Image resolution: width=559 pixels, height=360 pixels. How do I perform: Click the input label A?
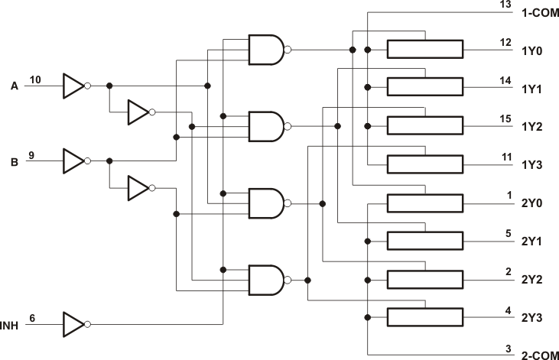14,86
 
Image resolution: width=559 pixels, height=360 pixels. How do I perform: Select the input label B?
14,161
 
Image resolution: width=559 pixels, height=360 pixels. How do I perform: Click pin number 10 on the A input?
36,79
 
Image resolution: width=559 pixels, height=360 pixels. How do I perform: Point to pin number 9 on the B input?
32,155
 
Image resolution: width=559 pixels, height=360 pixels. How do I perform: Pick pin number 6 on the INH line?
32,317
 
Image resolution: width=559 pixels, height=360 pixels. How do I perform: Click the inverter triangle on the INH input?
75,324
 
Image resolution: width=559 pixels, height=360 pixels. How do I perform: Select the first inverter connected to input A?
75,86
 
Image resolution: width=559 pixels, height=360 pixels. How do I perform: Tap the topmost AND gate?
265,50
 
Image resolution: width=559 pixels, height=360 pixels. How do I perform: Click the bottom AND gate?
265,281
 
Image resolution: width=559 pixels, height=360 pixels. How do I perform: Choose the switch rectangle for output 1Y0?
424,50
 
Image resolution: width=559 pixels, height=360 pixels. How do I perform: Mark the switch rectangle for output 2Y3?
424,317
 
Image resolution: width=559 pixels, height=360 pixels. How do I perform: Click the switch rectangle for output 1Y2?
424,126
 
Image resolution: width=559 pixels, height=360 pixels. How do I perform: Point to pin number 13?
505,5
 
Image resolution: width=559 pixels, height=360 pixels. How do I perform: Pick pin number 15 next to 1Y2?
505,118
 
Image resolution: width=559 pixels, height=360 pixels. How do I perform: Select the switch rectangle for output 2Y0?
424,203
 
